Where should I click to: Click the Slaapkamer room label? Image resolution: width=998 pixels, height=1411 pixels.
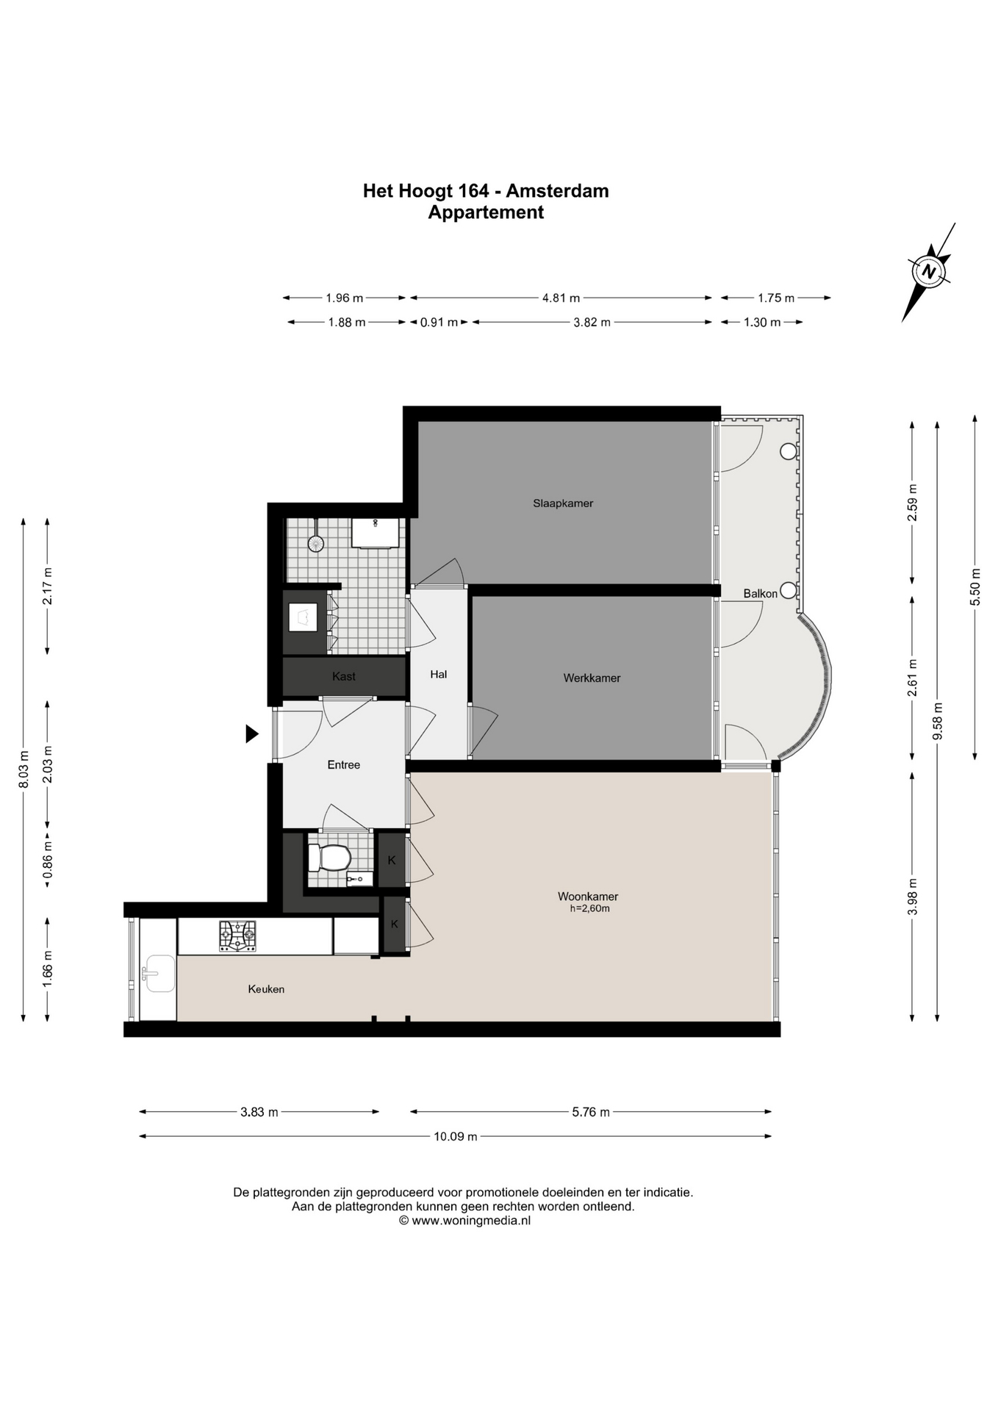point(563,503)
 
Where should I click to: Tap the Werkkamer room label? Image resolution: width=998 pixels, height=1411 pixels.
point(592,678)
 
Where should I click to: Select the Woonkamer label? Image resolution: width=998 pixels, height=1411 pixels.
point(588,897)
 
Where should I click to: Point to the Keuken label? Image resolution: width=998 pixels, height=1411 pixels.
point(266,989)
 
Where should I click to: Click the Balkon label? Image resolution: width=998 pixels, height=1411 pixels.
point(760,594)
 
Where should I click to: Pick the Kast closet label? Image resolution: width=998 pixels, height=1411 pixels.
point(344,676)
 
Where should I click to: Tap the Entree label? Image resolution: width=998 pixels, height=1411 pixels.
point(344,765)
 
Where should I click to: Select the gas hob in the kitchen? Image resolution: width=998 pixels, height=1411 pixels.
point(237,936)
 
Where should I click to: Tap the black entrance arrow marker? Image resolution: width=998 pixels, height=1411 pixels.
point(252,733)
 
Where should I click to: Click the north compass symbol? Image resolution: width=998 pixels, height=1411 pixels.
point(929,272)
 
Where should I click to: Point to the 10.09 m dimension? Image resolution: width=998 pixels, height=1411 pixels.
point(456,1136)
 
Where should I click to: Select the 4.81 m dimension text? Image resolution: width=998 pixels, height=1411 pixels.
point(561,298)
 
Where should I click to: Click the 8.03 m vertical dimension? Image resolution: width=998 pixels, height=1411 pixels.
point(24,769)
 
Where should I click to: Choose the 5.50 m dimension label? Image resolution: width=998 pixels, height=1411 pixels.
point(975,588)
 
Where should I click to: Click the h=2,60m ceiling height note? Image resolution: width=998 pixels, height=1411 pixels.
point(589,908)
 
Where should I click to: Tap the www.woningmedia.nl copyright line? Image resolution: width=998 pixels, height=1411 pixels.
point(464,1221)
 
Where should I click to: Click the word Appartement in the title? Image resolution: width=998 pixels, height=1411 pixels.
point(486,212)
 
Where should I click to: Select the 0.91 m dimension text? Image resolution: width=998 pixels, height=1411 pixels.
point(439,323)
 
